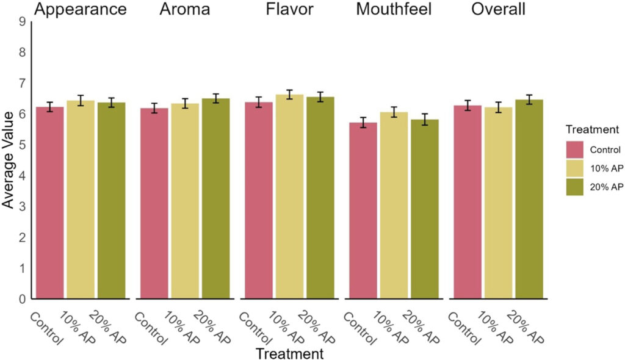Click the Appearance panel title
(x=81, y=10)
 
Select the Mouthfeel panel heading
(x=393, y=10)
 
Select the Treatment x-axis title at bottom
(x=289, y=353)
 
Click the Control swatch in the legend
(x=576, y=149)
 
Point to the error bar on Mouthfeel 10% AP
(x=394, y=112)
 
